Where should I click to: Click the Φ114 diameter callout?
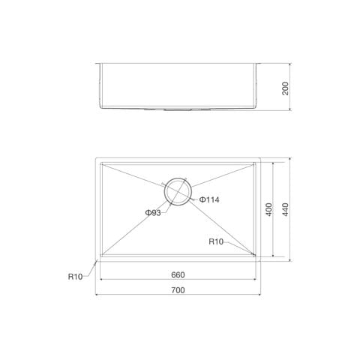(x=209, y=199)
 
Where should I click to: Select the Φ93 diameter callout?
(x=153, y=213)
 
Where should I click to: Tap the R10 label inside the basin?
(x=217, y=241)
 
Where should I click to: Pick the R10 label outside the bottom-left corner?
(x=74, y=276)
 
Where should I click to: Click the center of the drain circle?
(x=178, y=192)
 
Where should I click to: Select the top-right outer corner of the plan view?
(x=261, y=158)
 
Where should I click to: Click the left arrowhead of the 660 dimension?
(x=102, y=280)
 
